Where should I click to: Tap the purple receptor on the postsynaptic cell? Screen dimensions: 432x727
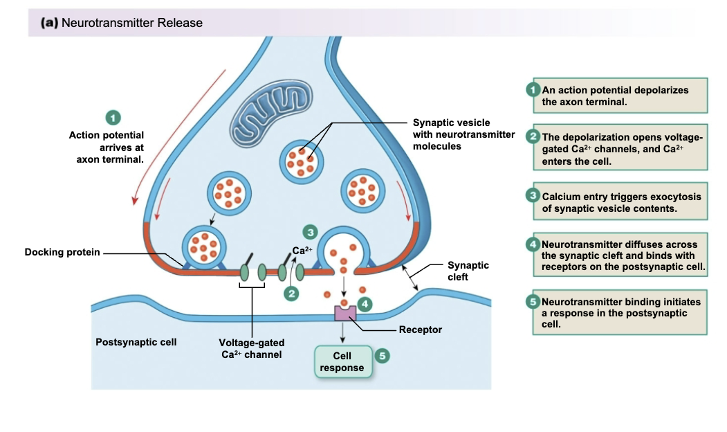coord(344,312)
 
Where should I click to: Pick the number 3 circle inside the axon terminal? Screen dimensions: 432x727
coord(311,232)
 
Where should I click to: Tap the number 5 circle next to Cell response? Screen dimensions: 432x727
coord(381,355)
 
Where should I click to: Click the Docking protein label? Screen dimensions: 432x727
coord(62,252)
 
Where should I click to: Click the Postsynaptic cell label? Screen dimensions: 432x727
coord(136,342)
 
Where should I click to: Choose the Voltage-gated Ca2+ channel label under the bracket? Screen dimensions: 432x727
coord(251,348)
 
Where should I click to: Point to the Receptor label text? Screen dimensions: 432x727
coord(420,330)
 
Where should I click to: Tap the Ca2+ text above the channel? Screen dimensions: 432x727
coord(302,251)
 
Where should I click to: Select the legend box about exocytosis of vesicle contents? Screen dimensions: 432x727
coord(620,202)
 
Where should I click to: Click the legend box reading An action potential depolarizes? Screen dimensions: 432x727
coord(620,96)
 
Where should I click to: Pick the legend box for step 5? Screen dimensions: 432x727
coord(620,313)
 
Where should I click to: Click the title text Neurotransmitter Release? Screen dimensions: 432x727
coord(131,23)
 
